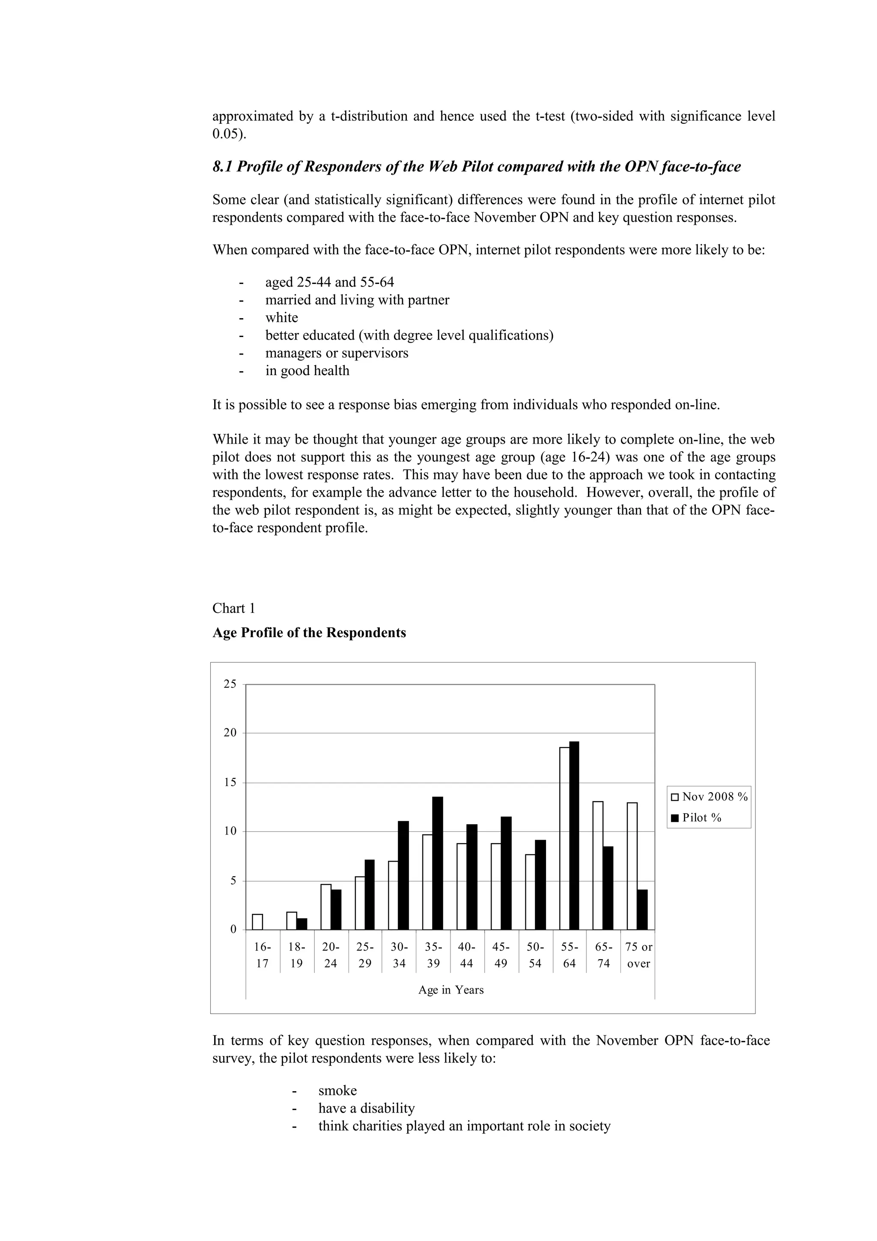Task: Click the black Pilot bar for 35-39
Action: tap(438, 863)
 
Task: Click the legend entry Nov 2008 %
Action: tap(709, 797)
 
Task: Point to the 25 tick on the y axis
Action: tap(230, 684)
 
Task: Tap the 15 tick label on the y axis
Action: tap(230, 783)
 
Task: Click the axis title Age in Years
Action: tap(450, 990)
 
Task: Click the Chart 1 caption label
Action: tap(233, 608)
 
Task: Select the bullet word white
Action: tap(281, 317)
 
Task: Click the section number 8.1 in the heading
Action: tap(223, 167)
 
